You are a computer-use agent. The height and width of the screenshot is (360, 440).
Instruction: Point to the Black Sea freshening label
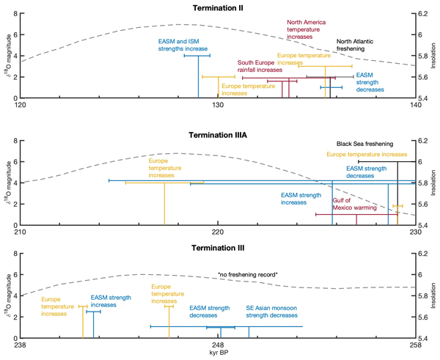(365, 144)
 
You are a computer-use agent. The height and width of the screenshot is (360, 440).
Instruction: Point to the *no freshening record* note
(248, 274)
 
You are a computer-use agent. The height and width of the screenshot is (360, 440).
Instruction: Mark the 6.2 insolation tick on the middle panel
(425, 141)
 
